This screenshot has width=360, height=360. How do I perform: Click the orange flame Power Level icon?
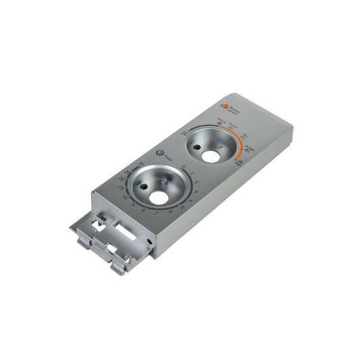pyautogui.click(x=225, y=106)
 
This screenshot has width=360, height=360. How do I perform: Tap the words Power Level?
pyautogui.click(x=234, y=106)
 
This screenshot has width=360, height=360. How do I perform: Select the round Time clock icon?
pyautogui.click(x=160, y=153)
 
